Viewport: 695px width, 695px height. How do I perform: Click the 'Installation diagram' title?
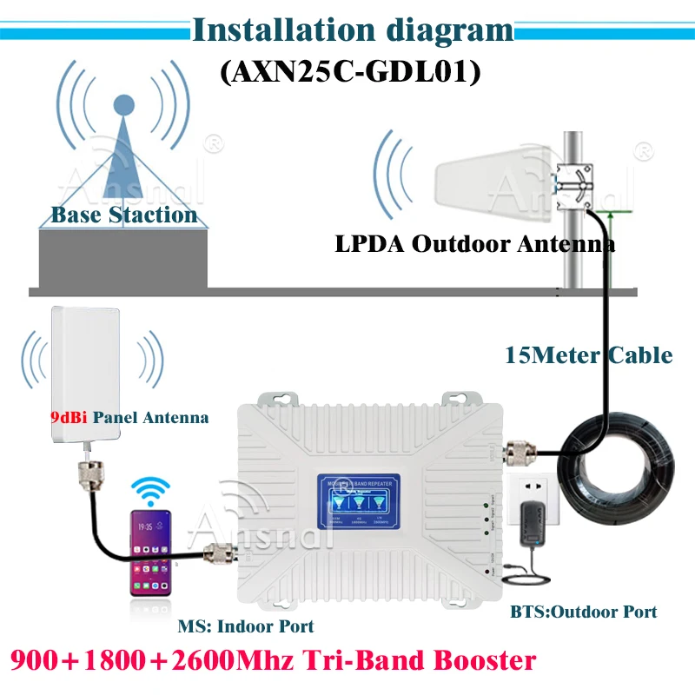351,31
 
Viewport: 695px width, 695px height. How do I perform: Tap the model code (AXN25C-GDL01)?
350,72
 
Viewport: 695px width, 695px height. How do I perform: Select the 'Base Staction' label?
123,215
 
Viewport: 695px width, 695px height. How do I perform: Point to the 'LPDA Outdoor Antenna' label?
475,244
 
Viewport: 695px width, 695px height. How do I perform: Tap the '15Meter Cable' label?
588,354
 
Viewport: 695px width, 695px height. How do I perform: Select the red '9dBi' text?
66,417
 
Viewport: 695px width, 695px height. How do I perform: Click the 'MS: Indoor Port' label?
246,625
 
